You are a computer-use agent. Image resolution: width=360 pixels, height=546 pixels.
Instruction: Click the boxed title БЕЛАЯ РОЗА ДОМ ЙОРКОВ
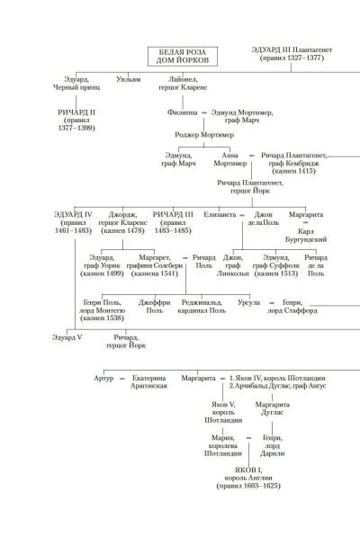tap(183, 57)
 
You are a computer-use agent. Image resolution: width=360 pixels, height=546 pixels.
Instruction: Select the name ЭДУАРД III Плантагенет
tap(292, 49)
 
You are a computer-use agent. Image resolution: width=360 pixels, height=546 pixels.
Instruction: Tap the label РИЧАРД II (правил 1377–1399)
tap(76, 121)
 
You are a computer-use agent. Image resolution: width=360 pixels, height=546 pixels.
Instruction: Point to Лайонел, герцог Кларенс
tap(183, 84)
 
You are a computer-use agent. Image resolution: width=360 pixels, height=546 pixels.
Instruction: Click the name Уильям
tap(128, 79)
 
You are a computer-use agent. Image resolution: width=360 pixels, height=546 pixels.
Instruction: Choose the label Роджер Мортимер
tap(204, 135)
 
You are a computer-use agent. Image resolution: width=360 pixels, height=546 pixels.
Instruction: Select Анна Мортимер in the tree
tap(230, 159)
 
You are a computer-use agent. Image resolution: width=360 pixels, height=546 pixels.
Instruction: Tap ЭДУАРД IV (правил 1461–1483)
tap(73, 222)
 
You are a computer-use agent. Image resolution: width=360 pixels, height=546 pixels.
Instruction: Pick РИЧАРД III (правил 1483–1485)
tap(173, 222)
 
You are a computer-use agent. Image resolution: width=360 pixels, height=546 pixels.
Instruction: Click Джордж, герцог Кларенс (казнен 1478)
tap(122, 222)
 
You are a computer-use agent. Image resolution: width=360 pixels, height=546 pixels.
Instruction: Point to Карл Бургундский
tap(306, 236)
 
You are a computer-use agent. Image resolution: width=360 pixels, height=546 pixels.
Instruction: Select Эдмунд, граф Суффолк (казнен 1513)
tap(276, 265)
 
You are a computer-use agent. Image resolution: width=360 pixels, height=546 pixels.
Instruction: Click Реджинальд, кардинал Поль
tap(202, 307)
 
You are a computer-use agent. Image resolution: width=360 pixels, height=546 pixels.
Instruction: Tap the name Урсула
tap(248, 302)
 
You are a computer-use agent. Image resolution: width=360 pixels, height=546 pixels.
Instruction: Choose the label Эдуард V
tap(67, 337)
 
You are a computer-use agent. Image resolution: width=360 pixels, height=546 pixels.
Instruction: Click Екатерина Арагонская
tap(148, 381)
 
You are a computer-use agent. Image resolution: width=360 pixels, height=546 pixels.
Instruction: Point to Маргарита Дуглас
tap(272, 408)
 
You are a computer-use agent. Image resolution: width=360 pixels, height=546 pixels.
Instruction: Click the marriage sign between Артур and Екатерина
tap(122, 378)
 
